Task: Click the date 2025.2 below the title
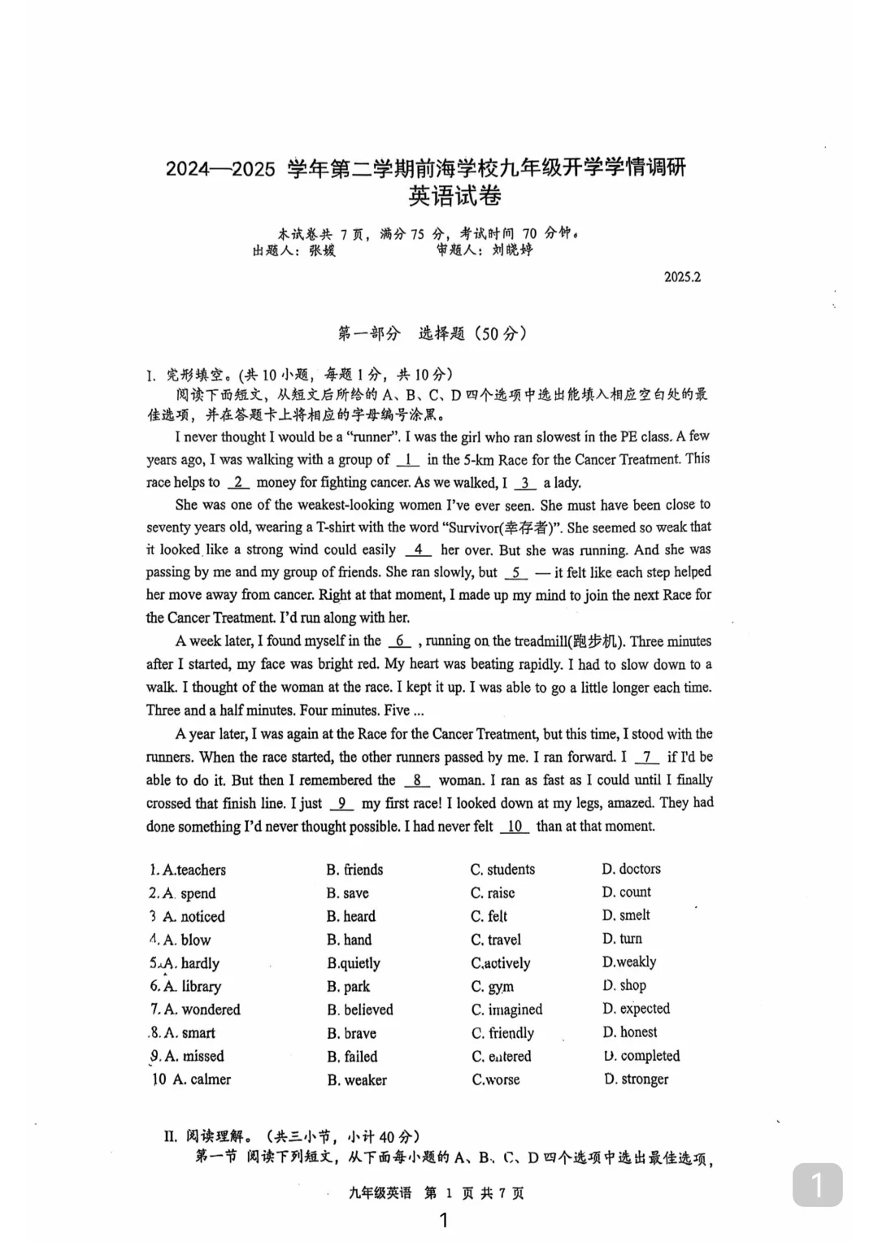(681, 277)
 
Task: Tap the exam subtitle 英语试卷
(454, 196)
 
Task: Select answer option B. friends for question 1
(354, 870)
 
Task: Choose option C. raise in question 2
(493, 892)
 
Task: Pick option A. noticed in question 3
(193, 917)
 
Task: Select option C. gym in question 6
(492, 987)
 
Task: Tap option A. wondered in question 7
(202, 1010)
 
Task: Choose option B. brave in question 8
(351, 1033)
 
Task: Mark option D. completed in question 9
(641, 1056)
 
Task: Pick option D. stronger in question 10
(636, 1079)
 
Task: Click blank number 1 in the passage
(407, 460)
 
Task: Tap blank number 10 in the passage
(515, 827)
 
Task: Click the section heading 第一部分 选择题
(432, 333)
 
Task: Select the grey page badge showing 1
(817, 1185)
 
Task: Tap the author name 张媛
(322, 251)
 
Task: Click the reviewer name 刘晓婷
(512, 250)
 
